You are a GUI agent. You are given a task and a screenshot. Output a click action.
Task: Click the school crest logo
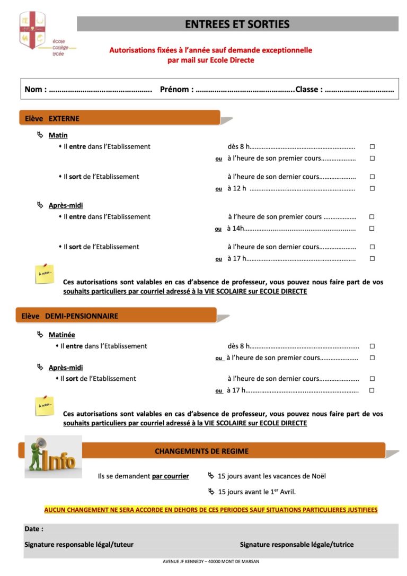tap(32, 31)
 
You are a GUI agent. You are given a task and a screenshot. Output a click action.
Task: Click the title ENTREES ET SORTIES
tap(237, 24)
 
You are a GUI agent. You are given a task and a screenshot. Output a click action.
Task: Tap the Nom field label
tap(35, 89)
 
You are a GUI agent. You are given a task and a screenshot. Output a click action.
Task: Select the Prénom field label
tap(176, 89)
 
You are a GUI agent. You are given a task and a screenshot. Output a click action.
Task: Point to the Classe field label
tap(309, 89)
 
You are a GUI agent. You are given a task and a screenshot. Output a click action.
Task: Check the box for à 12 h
tap(372, 188)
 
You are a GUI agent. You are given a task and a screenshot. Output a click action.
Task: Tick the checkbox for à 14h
tap(372, 229)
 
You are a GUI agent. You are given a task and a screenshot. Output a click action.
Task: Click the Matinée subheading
tap(61, 335)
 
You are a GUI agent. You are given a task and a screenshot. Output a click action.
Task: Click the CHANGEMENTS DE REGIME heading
tap(201, 451)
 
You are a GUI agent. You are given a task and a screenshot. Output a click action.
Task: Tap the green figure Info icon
tap(52, 456)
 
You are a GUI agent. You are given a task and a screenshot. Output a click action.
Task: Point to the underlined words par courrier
tap(170, 476)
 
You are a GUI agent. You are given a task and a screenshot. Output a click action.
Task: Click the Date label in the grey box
tap(34, 529)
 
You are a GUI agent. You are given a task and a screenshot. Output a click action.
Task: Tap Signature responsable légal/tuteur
tap(79, 544)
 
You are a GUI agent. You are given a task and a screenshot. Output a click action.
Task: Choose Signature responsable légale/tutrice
tap(296, 544)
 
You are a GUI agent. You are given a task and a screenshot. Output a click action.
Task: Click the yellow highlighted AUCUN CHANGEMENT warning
tap(210, 510)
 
